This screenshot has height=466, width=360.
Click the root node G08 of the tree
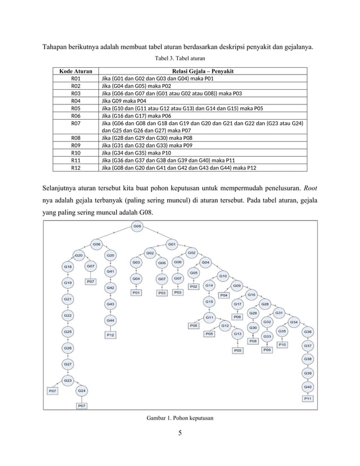(x=137, y=227)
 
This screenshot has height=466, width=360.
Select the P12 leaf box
(x=111, y=335)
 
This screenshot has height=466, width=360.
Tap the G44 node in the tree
(x=111, y=320)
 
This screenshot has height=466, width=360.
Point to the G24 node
(x=82, y=390)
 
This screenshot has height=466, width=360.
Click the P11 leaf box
(x=308, y=398)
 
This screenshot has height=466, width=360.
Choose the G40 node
(x=308, y=386)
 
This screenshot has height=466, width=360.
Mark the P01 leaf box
(x=136, y=293)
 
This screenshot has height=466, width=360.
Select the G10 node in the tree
(x=223, y=276)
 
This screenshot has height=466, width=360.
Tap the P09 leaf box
(x=267, y=350)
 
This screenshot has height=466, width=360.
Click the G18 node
(x=68, y=266)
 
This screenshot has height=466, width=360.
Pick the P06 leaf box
(x=238, y=317)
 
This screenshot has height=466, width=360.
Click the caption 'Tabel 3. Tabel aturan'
(x=179, y=58)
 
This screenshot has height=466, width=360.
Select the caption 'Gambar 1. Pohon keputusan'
(x=179, y=417)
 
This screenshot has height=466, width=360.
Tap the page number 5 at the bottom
(x=179, y=434)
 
